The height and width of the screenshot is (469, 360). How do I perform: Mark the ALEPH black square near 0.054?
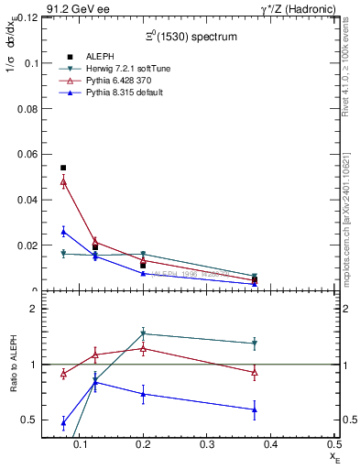click(63, 168)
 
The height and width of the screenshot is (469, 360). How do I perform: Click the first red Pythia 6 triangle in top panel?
click(63, 181)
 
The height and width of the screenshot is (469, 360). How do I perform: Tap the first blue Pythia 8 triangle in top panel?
click(63, 231)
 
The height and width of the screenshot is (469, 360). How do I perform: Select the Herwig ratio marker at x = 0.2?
click(143, 333)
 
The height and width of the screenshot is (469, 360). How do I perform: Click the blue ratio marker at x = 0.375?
click(254, 409)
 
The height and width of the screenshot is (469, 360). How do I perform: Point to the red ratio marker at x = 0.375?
click(254, 372)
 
